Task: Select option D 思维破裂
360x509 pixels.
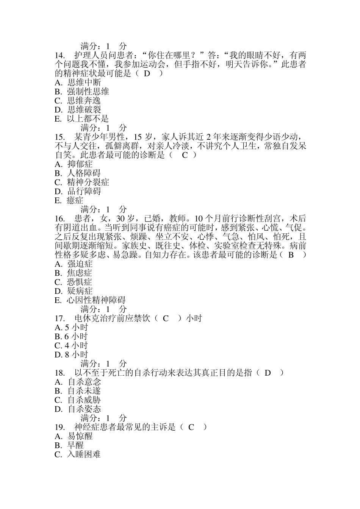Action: [x=78, y=110]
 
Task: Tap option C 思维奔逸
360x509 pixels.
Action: [x=78, y=101]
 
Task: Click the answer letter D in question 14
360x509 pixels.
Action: [x=147, y=73]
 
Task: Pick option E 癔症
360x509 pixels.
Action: [x=69, y=201]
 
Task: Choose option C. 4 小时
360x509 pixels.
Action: [x=71, y=346]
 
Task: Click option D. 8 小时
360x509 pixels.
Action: [x=71, y=355]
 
